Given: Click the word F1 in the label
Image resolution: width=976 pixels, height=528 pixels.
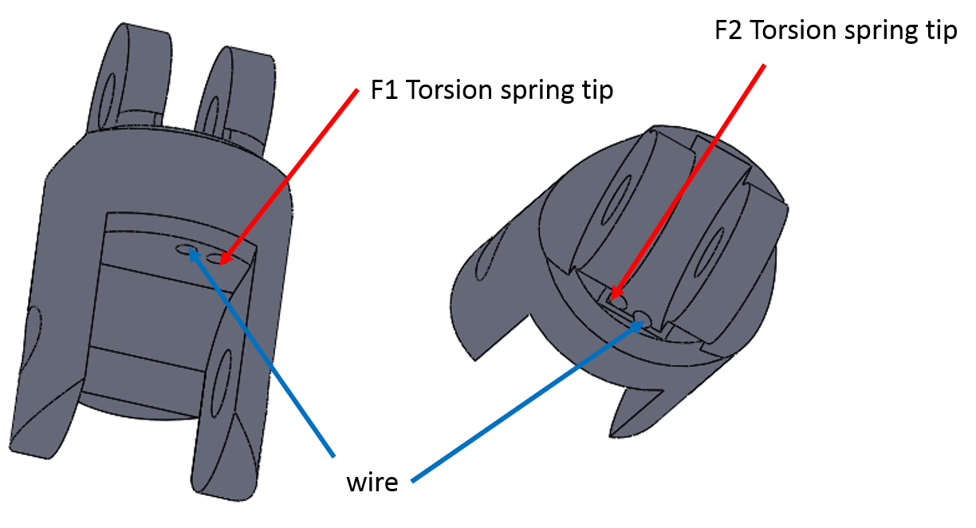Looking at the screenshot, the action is (x=384, y=89).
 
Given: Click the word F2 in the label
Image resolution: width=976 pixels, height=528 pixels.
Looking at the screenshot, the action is (x=729, y=30).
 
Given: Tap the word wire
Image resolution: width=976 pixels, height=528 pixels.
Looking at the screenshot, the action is (x=372, y=483).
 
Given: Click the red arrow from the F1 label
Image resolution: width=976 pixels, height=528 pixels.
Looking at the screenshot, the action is (x=289, y=177).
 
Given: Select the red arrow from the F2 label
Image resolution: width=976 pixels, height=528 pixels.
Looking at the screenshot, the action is (x=687, y=182).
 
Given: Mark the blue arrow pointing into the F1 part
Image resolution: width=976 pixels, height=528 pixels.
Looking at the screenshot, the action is (x=262, y=352).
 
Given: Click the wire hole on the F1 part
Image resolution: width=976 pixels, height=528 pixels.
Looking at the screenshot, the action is (x=186, y=249).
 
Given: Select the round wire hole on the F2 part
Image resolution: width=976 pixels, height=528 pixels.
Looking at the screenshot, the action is (x=642, y=317).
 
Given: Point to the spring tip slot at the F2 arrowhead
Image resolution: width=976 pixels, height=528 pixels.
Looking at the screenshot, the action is (x=616, y=300).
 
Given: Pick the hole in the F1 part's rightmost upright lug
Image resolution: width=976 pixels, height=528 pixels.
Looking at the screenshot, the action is (x=212, y=117).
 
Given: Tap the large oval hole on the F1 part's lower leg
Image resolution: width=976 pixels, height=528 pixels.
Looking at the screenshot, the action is (x=222, y=384).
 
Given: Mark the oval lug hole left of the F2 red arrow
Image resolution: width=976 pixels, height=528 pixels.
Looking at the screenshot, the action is (x=616, y=200).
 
